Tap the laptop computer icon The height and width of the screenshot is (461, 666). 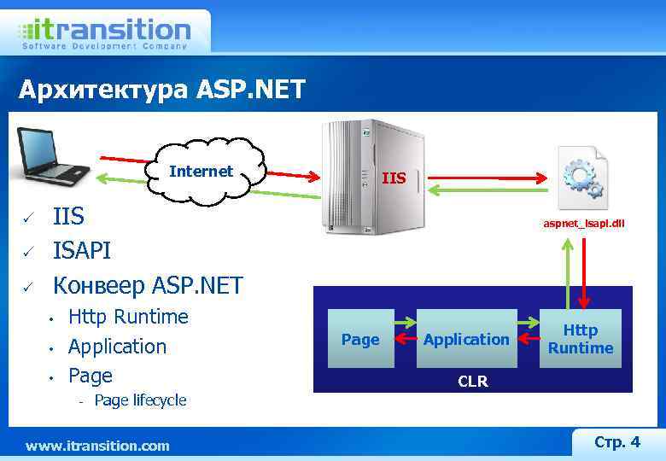click(x=54, y=155)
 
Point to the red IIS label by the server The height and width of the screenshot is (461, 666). click(x=394, y=178)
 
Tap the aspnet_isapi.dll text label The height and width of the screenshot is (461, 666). click(x=584, y=224)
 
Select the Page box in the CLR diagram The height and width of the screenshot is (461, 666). click(x=360, y=339)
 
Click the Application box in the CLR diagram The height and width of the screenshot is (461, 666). click(x=466, y=339)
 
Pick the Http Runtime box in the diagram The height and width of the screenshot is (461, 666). click(x=581, y=339)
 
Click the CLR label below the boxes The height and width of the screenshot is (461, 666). click(x=472, y=382)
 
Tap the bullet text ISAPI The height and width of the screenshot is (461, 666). click(x=82, y=251)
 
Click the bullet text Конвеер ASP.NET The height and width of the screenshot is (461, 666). click(x=148, y=284)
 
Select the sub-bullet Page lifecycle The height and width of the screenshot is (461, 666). click(x=140, y=400)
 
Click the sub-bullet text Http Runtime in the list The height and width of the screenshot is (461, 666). click(x=128, y=317)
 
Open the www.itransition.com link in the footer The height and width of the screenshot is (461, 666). click(x=97, y=446)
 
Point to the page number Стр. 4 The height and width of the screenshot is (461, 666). click(x=616, y=441)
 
